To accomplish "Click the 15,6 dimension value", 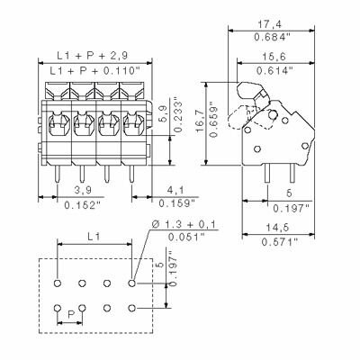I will point(276,57).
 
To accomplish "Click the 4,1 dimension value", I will point(176,191).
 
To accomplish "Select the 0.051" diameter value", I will point(183,237).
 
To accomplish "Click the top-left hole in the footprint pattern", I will point(57,283).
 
